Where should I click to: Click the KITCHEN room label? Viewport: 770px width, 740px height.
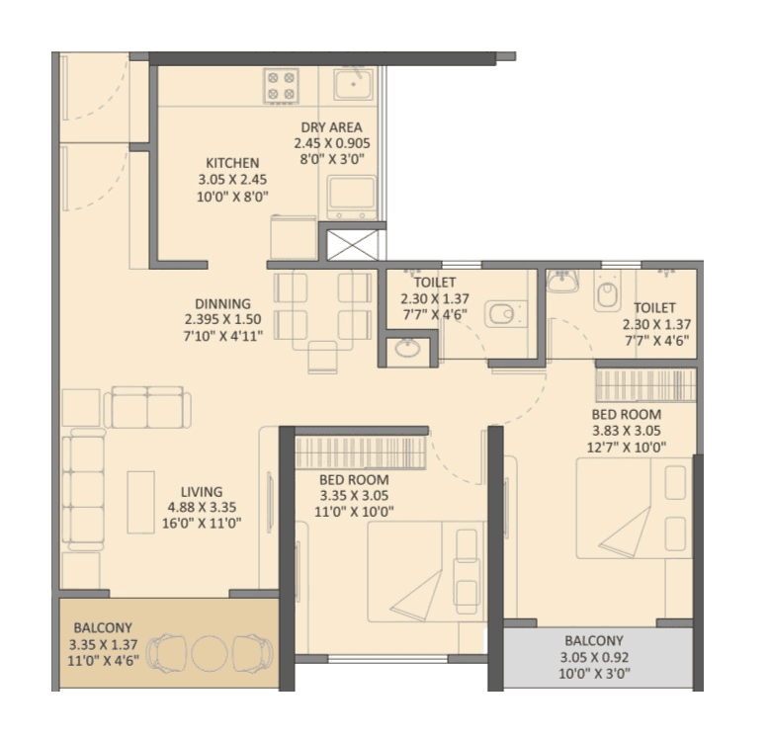232,163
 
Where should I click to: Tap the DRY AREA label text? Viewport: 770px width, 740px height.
331,127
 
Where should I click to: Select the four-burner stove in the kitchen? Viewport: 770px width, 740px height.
282,85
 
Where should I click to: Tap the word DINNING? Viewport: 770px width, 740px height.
222,303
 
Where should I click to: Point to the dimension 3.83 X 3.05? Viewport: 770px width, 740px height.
627,431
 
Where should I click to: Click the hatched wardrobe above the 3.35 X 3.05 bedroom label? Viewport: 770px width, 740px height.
360,452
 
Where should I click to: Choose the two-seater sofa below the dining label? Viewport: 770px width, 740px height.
148,406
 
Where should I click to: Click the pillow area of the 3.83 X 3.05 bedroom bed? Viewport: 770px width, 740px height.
676,508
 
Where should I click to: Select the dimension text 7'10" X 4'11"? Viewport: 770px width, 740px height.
222,336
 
